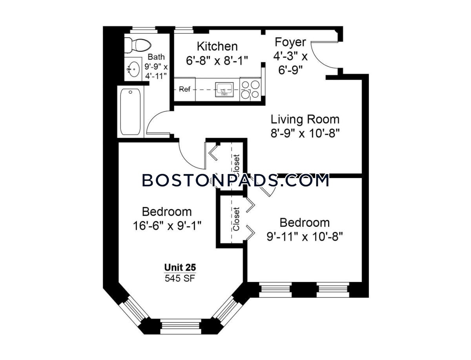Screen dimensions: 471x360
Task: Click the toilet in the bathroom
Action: [138, 45]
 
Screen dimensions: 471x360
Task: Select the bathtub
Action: [130, 112]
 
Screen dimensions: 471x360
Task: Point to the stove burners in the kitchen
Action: [250, 89]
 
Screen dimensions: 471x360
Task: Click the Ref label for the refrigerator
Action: [184, 89]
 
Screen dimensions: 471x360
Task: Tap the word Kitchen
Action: [217, 47]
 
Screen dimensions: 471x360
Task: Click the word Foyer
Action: [290, 42]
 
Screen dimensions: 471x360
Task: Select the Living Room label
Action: [305, 119]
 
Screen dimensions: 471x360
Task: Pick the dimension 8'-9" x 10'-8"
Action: [305, 133]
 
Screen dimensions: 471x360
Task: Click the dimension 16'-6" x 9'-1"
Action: [167, 226]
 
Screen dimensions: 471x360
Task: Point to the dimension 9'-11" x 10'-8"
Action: [305, 237]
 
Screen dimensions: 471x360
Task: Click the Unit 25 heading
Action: [180, 267]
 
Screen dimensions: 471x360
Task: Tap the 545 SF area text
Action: [180, 278]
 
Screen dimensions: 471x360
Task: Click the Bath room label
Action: [156, 57]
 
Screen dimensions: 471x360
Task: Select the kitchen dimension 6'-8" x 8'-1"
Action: [217, 61]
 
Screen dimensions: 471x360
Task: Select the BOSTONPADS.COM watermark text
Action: [235, 180]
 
